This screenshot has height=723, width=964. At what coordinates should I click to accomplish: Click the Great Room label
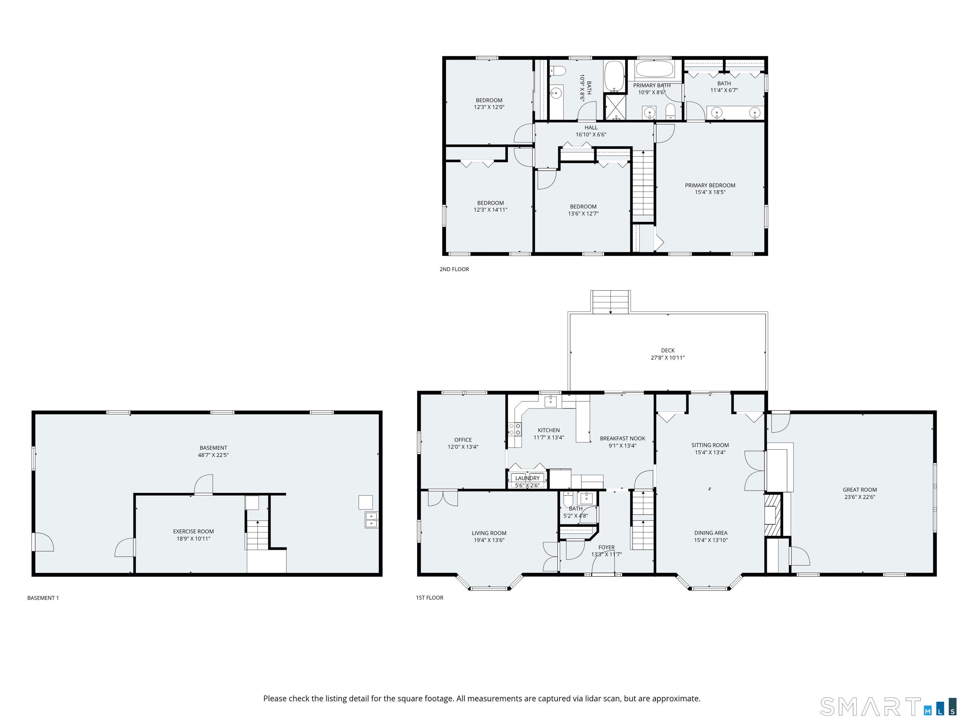pyautogui.click(x=860, y=490)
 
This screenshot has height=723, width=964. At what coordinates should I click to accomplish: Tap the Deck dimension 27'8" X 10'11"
pyautogui.click(x=668, y=357)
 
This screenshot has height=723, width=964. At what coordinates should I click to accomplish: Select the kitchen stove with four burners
pyautogui.click(x=515, y=429)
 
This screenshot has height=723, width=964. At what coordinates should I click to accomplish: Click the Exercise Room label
pyautogui.click(x=193, y=531)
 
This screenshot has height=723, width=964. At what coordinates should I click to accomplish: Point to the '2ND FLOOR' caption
pyautogui.click(x=454, y=269)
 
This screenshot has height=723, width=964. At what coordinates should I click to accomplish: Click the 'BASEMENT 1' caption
pyautogui.click(x=43, y=597)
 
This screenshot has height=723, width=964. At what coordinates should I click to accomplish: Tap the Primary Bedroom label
pyautogui.click(x=710, y=185)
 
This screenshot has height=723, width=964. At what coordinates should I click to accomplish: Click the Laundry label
pyautogui.click(x=527, y=478)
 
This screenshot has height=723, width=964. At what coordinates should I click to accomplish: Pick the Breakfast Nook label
pyautogui.click(x=622, y=438)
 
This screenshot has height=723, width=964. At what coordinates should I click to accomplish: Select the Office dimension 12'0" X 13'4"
pyautogui.click(x=463, y=447)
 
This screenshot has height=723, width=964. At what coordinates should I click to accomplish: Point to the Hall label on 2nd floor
pyautogui.click(x=591, y=128)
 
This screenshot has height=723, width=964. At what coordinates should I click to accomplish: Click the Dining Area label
pyautogui.click(x=710, y=533)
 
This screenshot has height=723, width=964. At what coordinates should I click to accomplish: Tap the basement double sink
pyautogui.click(x=371, y=520)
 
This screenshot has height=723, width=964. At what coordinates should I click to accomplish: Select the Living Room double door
pyautogui.click(x=443, y=498)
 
